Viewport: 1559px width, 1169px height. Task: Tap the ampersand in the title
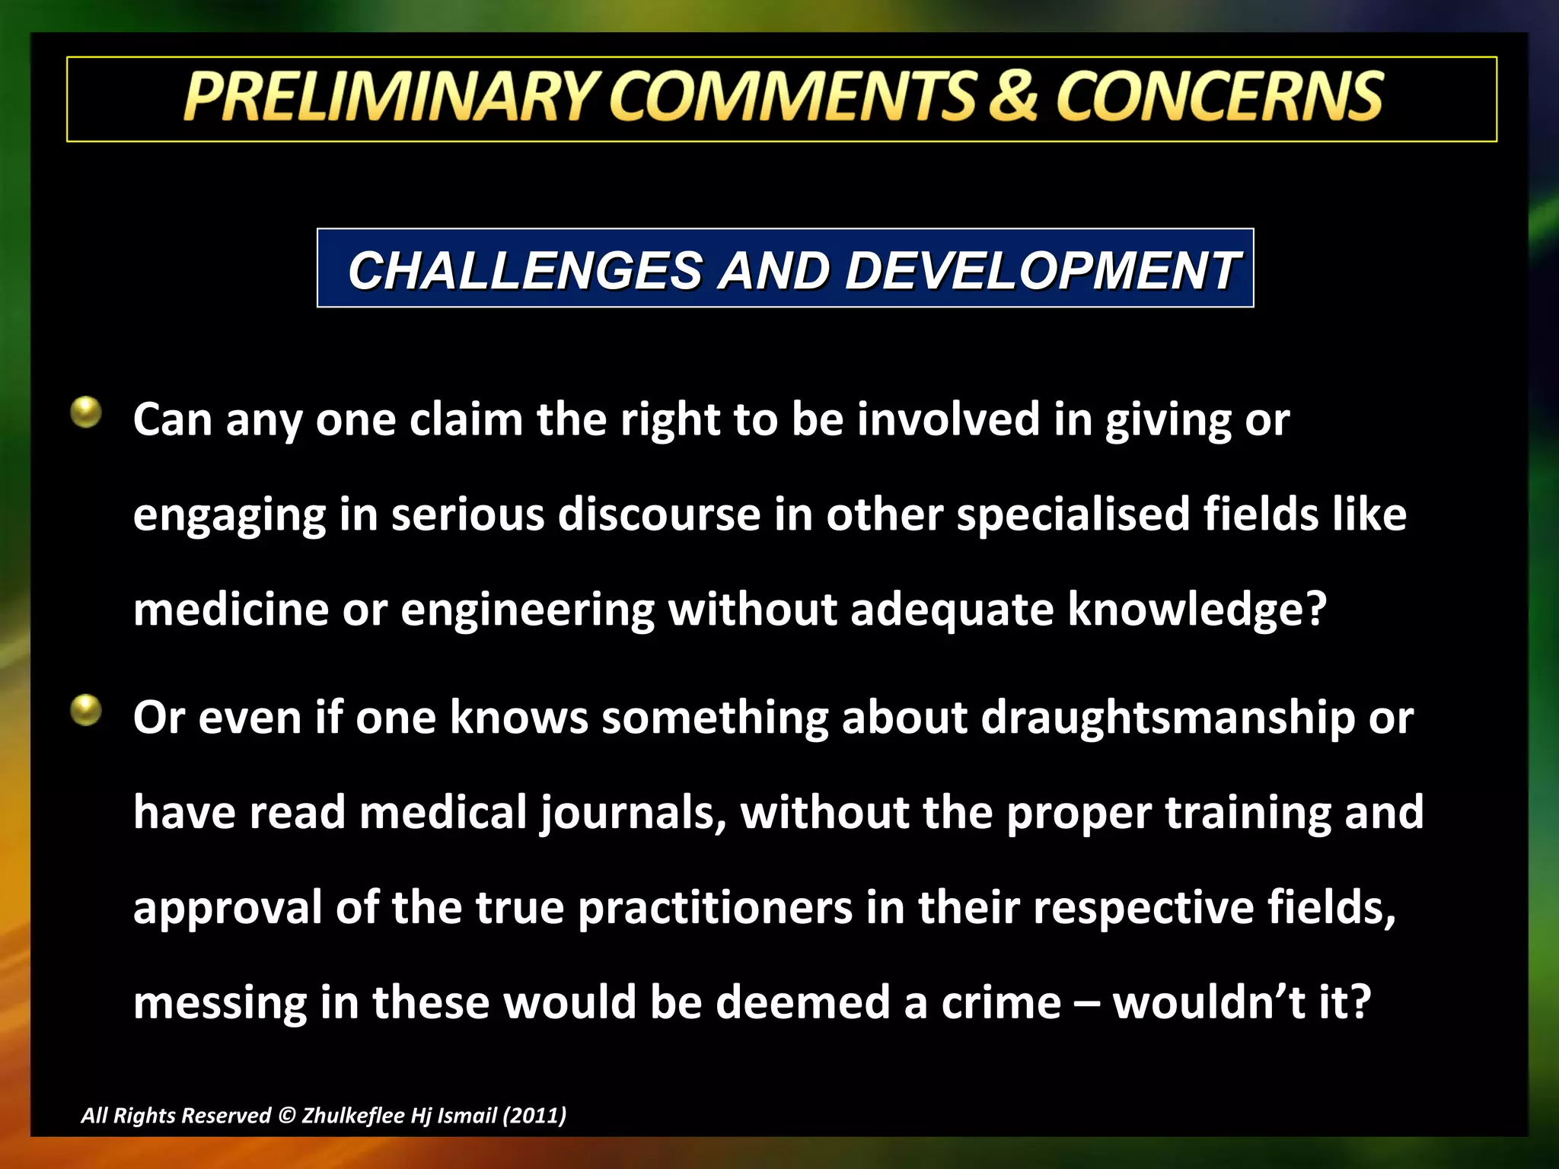(1012, 97)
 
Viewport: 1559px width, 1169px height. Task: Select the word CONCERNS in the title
(1219, 97)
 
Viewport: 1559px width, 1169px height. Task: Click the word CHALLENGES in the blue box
(525, 271)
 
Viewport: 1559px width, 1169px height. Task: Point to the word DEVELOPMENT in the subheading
(1043, 271)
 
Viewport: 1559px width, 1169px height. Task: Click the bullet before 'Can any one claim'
(86, 412)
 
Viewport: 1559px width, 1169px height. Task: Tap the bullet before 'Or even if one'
(86, 711)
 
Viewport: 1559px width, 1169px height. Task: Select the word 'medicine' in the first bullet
(231, 610)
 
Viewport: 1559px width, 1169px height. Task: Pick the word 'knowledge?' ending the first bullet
(1197, 610)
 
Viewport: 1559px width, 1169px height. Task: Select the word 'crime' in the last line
(1001, 1002)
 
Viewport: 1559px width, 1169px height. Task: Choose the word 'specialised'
(1073, 514)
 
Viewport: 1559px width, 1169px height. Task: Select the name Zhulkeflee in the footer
(353, 1116)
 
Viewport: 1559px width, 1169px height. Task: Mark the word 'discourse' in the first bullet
(659, 514)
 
